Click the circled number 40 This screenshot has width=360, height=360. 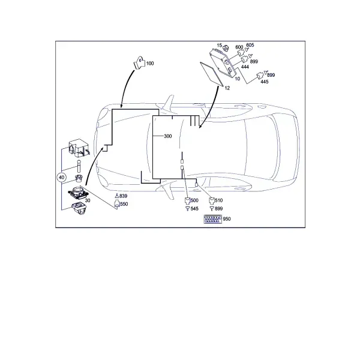tap(62, 177)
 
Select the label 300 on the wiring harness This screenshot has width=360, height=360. tap(168, 136)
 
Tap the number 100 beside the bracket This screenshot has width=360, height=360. tap(150, 64)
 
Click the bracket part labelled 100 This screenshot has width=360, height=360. tap(139, 62)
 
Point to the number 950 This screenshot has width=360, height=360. tap(227, 219)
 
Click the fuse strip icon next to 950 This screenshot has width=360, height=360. tap(213, 219)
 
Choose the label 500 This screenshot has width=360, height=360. tap(194, 200)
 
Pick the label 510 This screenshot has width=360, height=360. tap(219, 200)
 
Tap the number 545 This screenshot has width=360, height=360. tap(194, 209)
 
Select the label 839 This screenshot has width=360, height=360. tap(123, 196)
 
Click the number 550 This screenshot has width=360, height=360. tap(124, 204)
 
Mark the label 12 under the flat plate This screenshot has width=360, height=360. tap(227, 88)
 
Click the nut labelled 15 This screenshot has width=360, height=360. tap(225, 47)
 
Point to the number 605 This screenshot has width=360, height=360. tap(250, 45)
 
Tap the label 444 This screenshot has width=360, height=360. tap(245, 67)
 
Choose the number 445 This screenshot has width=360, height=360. tap(265, 82)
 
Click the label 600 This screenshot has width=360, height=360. tap(239, 47)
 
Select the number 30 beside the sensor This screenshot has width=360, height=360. tap(88, 200)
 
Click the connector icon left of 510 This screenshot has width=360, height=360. tap(211, 201)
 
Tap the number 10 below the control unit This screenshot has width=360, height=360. tap(238, 79)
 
